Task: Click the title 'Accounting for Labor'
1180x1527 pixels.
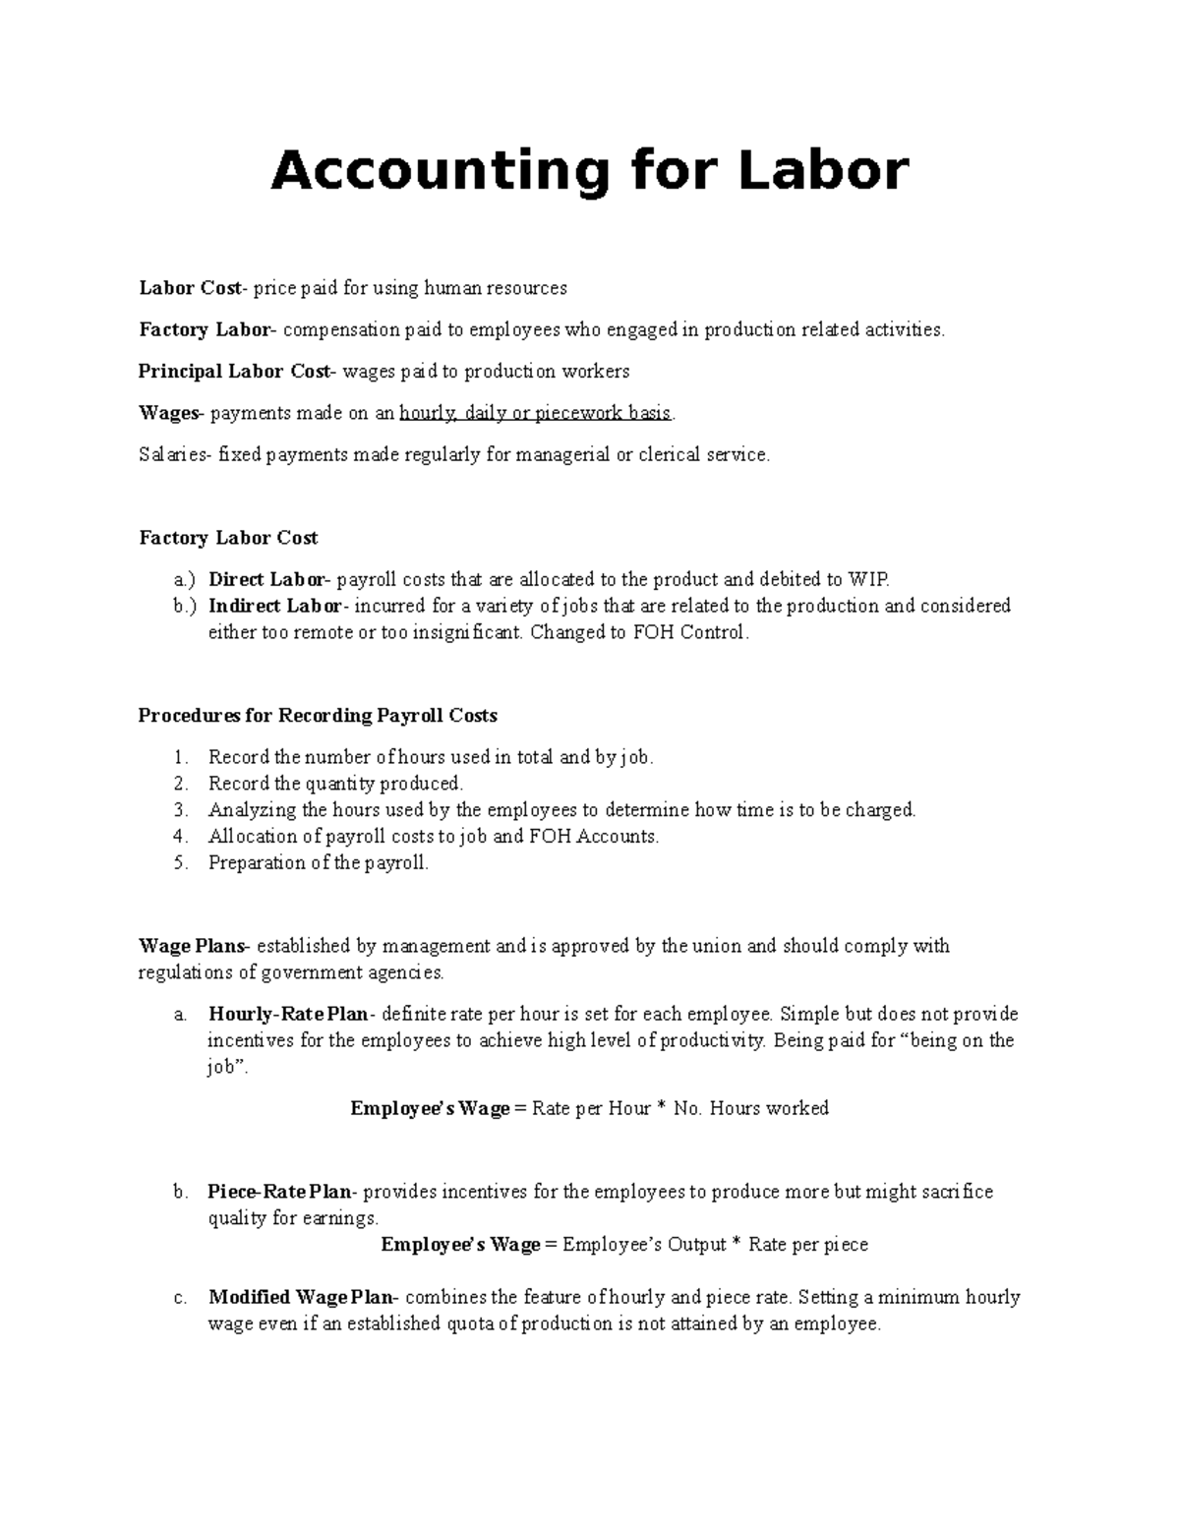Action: tap(590, 172)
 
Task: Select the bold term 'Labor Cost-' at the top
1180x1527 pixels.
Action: tap(194, 288)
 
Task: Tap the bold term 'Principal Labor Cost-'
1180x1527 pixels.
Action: tap(237, 372)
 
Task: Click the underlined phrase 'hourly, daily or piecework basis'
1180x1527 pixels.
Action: tap(536, 413)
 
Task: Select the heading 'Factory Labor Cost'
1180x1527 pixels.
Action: tap(228, 538)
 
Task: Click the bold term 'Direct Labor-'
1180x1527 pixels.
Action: tap(270, 580)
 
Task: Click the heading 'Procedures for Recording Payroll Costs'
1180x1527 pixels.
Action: tap(318, 716)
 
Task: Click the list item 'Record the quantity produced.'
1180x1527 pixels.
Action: tap(335, 785)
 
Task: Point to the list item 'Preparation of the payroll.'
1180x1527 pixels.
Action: tap(319, 863)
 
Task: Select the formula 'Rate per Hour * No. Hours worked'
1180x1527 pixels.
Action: tap(679, 1109)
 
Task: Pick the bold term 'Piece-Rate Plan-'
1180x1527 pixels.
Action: tap(284, 1193)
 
